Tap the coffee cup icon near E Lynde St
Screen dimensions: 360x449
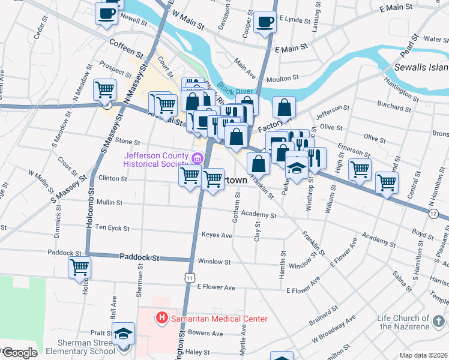265,23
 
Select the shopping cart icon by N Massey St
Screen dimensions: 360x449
106,90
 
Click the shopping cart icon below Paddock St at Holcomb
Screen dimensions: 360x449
79,267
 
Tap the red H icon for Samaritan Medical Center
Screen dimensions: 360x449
161,317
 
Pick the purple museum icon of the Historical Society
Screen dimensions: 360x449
197,158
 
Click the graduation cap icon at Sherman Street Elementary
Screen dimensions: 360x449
123,333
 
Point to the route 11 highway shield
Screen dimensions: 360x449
190,278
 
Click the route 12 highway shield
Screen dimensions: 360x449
433,214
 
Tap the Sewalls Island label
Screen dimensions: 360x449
421,67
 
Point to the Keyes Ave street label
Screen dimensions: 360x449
217,235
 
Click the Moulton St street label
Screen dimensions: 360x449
283,79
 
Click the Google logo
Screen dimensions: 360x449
19,353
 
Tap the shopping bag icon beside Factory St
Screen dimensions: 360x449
285,108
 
